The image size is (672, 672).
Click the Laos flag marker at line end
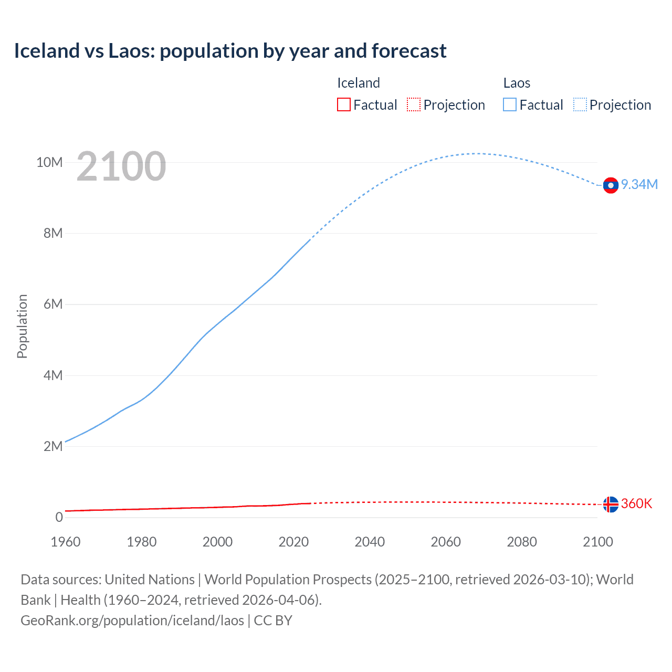[611, 185]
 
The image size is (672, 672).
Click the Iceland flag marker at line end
[611, 505]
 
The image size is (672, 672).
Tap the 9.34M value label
[639, 184]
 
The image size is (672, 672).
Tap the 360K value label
[636, 503]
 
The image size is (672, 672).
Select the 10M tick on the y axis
[49, 162]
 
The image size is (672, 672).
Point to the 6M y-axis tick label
[53, 304]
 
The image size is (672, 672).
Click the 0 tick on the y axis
[59, 517]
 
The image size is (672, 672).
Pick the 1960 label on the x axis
[66, 542]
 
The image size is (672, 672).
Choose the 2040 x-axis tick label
[370, 542]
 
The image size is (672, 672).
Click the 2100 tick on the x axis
[597, 542]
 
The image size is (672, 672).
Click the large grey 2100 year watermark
[121, 166]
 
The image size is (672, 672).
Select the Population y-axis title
[22, 326]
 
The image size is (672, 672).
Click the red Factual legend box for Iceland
[343, 104]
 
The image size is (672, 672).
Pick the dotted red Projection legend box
[414, 104]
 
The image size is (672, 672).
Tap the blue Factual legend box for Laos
[509, 104]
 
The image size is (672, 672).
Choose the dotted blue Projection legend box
[580, 104]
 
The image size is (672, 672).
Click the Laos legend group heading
[517, 83]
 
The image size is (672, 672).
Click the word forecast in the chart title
[409, 51]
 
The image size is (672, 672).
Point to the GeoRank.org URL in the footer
[132, 621]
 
